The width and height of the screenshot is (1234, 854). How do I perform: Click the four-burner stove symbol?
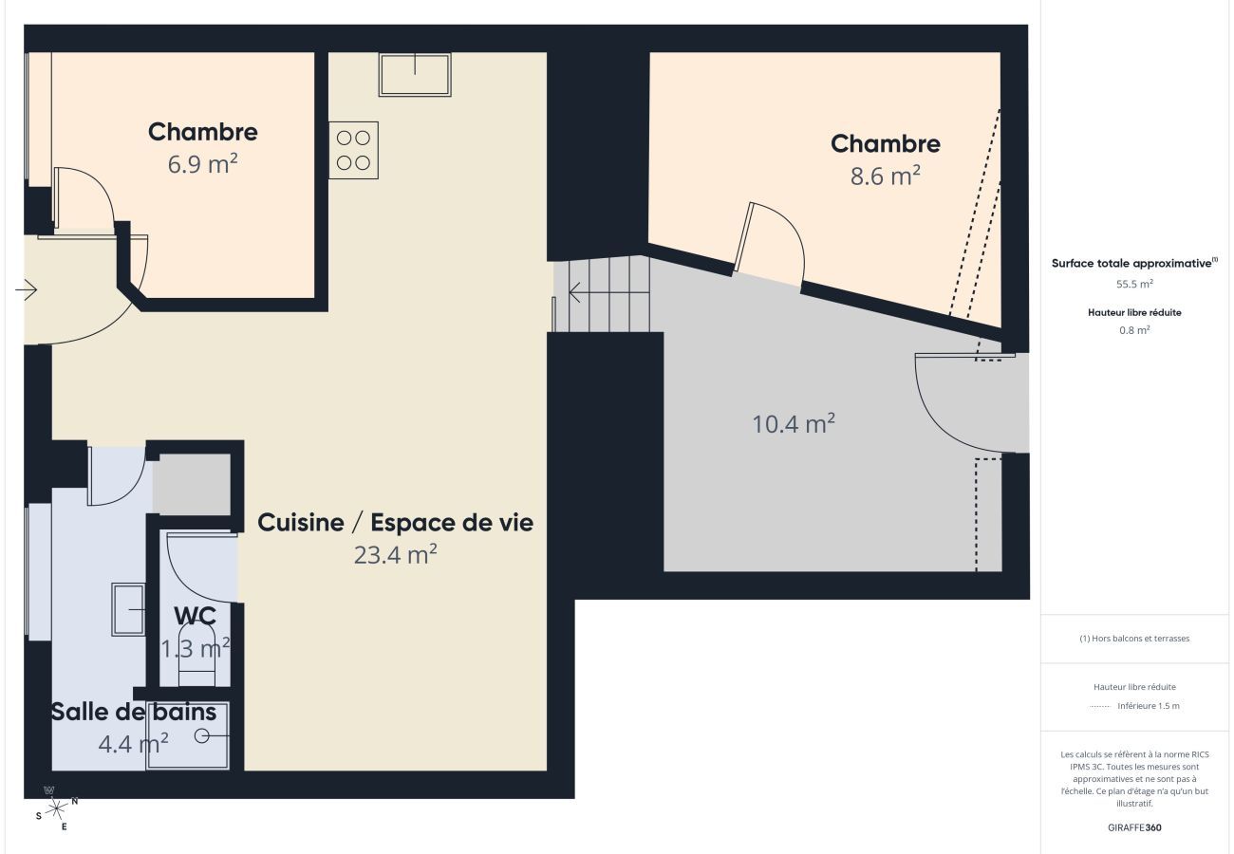(x=353, y=150)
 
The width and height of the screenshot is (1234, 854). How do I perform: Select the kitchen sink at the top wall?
(x=415, y=74)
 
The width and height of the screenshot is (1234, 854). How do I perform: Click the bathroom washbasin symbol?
(x=128, y=609)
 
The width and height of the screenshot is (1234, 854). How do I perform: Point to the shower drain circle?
(x=201, y=735)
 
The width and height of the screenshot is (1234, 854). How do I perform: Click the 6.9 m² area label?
(x=202, y=163)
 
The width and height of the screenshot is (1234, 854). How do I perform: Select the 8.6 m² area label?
(x=885, y=176)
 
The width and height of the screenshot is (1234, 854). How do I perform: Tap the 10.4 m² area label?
(x=794, y=423)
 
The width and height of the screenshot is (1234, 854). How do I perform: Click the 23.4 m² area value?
(x=395, y=554)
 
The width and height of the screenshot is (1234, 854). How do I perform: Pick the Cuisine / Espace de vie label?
(x=395, y=522)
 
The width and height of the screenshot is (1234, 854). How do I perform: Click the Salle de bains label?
(x=134, y=712)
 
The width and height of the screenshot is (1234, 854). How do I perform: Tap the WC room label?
(x=195, y=615)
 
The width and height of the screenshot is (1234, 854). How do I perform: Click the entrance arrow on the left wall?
(x=27, y=290)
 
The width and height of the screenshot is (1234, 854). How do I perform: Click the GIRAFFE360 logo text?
(x=1134, y=827)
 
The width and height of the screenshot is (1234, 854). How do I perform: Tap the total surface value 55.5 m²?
(x=1134, y=284)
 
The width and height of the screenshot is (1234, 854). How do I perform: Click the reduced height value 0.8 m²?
(x=1134, y=330)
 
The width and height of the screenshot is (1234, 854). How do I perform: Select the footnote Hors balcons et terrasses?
(x=1134, y=639)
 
